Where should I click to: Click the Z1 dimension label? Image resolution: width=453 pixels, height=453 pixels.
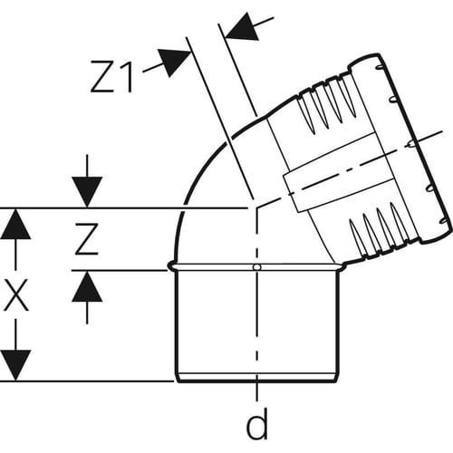coord(112,76)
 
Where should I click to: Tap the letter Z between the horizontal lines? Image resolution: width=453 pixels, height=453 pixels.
coord(87,239)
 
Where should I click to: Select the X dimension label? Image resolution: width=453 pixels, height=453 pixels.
coord(15,294)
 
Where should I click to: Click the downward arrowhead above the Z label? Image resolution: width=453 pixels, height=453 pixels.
coord(87,192)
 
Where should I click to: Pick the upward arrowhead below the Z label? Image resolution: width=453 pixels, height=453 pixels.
coord(87,286)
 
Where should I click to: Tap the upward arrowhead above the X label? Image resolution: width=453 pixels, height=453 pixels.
coord(15,224)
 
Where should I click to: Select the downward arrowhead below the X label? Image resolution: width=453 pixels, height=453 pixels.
coord(15,365)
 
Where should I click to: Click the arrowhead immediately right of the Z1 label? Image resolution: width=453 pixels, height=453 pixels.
coord(174,62)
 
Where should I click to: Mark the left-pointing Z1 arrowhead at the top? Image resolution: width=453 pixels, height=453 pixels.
coord(242,26)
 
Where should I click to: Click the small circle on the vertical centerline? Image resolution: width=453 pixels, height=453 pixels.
coord(257,267)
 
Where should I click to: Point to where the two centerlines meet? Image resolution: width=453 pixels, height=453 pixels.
coord(257,207)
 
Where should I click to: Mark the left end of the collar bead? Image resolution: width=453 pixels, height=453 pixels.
coord(169,266)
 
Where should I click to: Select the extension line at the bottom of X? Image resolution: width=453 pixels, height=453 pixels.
coord(87,381)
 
